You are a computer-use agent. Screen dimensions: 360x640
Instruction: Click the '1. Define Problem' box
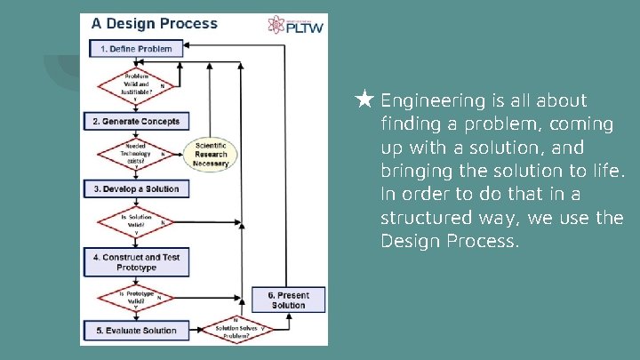point(136,49)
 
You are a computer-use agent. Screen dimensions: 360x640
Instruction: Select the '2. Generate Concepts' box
point(136,121)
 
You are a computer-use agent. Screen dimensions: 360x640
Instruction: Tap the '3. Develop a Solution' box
point(136,189)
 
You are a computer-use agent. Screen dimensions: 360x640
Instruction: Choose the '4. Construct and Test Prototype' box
point(136,262)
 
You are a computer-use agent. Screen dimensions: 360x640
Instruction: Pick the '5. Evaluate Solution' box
point(136,331)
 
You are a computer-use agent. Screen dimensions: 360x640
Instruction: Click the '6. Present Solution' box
point(288,300)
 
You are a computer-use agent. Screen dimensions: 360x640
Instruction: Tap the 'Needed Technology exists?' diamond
point(136,154)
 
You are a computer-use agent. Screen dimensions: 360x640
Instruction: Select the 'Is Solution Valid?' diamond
point(136,222)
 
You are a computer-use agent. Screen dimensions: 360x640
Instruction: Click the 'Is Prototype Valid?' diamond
point(136,296)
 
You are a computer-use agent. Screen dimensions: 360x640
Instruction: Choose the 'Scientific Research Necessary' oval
point(211,155)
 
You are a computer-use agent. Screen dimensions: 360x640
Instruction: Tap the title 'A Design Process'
point(155,24)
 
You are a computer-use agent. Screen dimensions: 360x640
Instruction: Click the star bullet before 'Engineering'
point(364,100)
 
